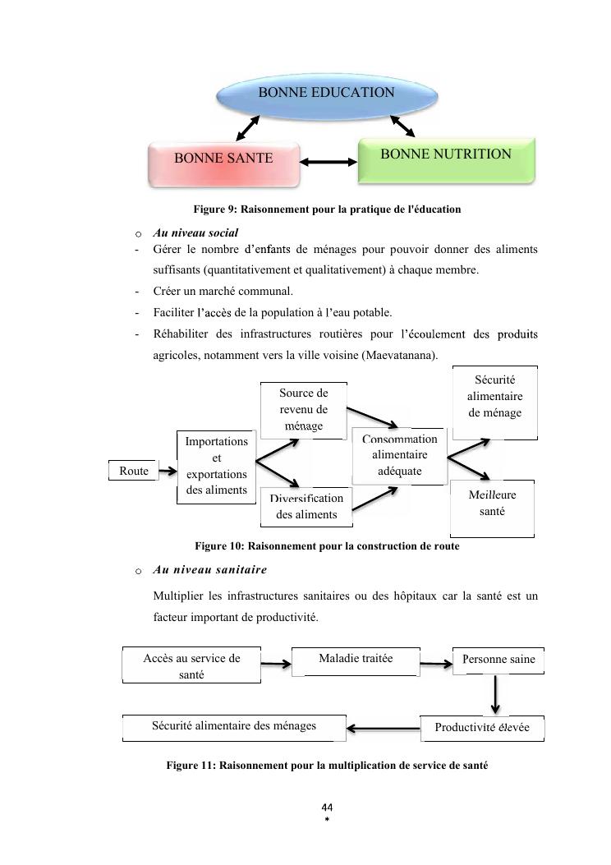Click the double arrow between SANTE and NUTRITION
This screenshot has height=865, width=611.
pyautogui.click(x=328, y=162)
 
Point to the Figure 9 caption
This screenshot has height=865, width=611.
pyautogui.click(x=327, y=209)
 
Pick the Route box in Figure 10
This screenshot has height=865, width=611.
pyautogui.click(x=134, y=472)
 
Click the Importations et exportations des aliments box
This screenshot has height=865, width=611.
pyautogui.click(x=216, y=467)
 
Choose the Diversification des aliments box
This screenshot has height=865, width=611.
pyautogui.click(x=306, y=507)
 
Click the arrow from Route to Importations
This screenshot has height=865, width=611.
pyautogui.click(x=167, y=472)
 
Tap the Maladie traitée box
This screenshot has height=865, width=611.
pyautogui.click(x=356, y=660)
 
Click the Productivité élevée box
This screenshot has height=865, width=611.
pyautogui.click(x=482, y=728)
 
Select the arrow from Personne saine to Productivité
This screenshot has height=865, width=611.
pyautogui.click(x=495, y=695)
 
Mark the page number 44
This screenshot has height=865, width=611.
pyautogui.click(x=327, y=807)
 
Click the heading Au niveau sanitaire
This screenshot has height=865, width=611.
pyautogui.click(x=209, y=569)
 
